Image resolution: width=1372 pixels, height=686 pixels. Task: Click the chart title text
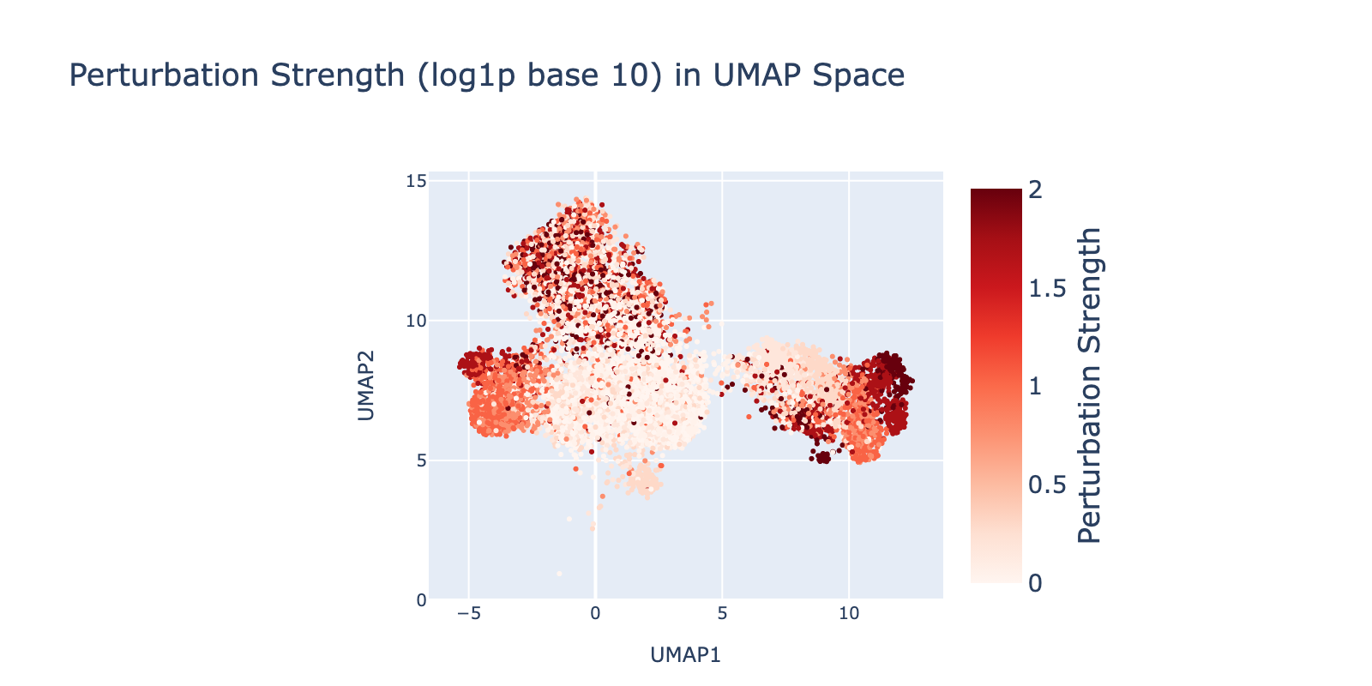pos(486,76)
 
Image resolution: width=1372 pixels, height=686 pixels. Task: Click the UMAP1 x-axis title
pos(685,655)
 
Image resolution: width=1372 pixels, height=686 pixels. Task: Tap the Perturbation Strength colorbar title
pos(1089,385)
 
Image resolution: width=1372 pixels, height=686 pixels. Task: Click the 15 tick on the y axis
pos(416,181)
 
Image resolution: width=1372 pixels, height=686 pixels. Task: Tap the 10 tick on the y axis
pos(416,321)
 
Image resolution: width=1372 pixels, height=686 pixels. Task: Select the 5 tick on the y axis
pos(420,460)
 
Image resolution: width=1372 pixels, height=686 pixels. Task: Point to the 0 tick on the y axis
pos(420,599)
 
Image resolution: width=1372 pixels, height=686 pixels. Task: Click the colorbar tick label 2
pos(1035,190)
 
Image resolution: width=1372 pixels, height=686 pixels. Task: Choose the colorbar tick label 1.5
pos(1046,288)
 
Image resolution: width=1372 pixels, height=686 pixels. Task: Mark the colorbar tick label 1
pos(1035,386)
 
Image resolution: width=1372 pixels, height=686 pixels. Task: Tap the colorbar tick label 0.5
pos(1046,484)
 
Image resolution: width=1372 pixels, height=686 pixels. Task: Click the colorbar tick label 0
pos(1035,583)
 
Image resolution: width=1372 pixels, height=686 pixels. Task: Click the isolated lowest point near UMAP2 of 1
pos(559,573)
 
